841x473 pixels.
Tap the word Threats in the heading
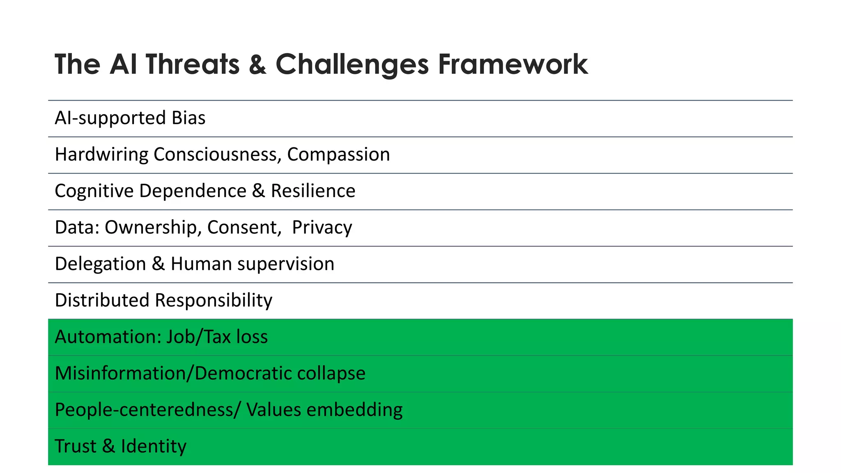point(192,64)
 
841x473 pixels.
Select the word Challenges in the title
point(352,64)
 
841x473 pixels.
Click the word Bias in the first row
point(188,118)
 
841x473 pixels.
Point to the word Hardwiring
point(101,154)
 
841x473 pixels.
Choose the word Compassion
point(338,154)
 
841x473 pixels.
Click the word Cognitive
point(94,191)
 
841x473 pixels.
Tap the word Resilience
point(313,191)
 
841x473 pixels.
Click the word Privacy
point(322,227)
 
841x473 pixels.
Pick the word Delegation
point(100,264)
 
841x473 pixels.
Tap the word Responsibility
point(213,300)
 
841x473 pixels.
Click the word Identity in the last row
point(154,446)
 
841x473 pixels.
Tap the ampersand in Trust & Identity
point(108,446)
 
